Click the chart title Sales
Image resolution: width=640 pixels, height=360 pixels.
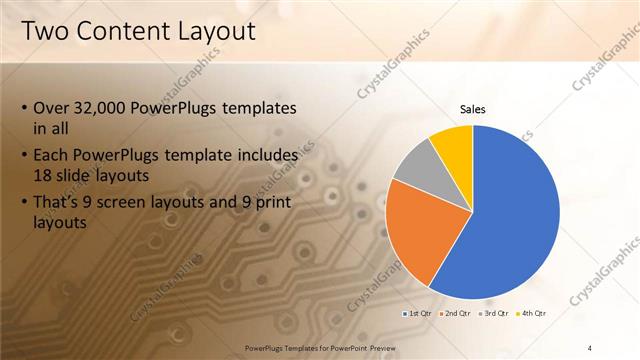click(473, 110)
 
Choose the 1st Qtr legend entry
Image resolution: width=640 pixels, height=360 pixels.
click(418, 313)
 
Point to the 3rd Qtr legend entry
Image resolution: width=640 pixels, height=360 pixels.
click(496, 313)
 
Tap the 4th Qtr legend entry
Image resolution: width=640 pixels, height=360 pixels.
click(533, 313)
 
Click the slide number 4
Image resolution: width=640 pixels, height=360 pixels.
click(590, 347)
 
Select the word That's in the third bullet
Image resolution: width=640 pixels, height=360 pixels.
click(60, 203)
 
